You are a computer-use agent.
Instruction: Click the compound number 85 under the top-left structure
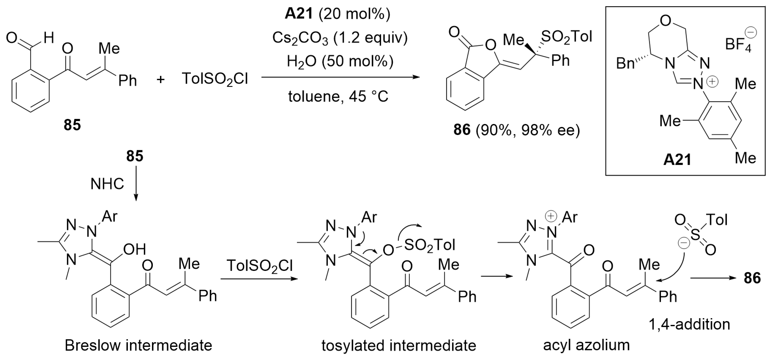72,125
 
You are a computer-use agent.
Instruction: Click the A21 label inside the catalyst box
677,160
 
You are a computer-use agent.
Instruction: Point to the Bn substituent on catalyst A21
625,64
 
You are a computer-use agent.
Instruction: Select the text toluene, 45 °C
338,97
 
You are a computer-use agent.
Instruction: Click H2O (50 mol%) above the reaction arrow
340,61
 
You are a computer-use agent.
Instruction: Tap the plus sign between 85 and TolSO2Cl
161,79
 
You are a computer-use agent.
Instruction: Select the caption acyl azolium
586,345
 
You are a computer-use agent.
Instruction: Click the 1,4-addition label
689,324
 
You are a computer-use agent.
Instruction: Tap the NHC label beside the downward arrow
107,184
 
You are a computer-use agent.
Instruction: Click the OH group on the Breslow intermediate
134,249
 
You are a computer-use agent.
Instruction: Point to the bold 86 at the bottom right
752,278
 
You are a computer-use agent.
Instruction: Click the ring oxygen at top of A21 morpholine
666,21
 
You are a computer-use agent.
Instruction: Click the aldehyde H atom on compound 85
49,38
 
